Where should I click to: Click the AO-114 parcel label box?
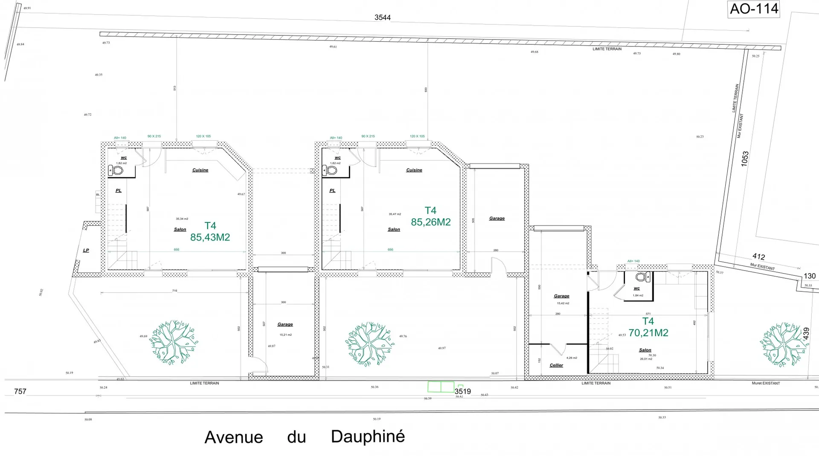coord(754,9)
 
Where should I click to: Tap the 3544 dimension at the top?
coord(382,17)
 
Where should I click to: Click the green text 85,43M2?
coord(210,237)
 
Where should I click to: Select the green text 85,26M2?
coord(430,222)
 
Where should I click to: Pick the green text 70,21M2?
coord(648,333)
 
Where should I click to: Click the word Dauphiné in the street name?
coord(368,436)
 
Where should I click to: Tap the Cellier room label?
coord(556,365)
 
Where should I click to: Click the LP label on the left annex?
coord(86,250)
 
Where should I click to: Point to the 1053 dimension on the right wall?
coord(745,159)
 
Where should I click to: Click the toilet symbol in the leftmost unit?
coord(116,171)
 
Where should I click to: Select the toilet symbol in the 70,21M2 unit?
coord(641,277)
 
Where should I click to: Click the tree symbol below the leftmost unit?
coord(173,342)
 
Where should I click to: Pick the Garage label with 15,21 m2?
coord(285,324)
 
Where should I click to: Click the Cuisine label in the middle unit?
coord(414,170)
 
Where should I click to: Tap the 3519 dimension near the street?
coord(462,391)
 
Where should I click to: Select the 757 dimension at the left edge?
coord(20,391)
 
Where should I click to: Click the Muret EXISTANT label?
coord(766,383)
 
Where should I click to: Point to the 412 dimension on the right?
coord(758,257)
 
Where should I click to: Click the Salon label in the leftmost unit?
coord(180,229)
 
